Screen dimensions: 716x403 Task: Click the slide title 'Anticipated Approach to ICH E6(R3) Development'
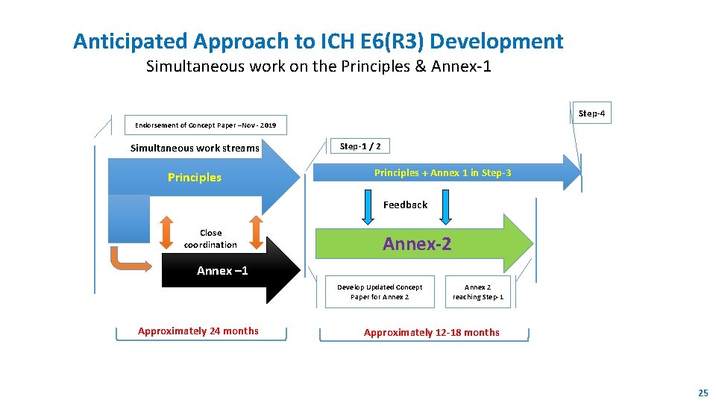click(x=318, y=41)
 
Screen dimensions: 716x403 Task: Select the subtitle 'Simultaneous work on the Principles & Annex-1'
click(x=318, y=66)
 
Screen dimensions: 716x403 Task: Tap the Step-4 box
click(x=591, y=113)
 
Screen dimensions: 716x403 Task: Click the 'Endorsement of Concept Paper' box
click(x=205, y=125)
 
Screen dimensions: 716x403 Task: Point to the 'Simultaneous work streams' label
click(x=195, y=148)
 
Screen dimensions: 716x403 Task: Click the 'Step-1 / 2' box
click(x=360, y=146)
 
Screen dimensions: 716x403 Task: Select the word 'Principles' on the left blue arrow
click(x=195, y=178)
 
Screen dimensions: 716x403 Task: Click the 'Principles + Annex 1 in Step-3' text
click(x=442, y=173)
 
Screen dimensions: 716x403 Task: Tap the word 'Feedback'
click(x=405, y=204)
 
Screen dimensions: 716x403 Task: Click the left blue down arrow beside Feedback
click(x=368, y=207)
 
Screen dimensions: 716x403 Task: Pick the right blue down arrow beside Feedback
click(x=445, y=207)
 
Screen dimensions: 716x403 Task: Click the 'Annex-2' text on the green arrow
click(x=417, y=243)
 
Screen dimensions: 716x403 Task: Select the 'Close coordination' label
click(x=210, y=239)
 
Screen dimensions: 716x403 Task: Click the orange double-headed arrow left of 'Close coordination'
click(x=166, y=232)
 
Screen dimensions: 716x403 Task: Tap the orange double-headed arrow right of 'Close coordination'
click(x=255, y=232)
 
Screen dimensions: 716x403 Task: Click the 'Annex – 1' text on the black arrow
click(x=222, y=271)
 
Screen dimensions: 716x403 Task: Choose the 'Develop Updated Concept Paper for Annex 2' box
click(x=380, y=292)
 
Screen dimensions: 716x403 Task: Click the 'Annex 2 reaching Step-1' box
click(x=478, y=292)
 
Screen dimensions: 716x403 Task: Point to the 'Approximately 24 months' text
click(x=198, y=331)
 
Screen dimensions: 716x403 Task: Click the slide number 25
click(x=703, y=393)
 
